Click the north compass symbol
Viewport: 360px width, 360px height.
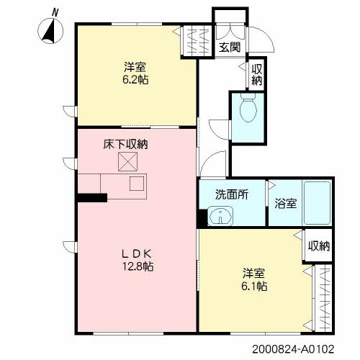tap(50, 32)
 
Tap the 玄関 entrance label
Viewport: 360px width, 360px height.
tap(230, 47)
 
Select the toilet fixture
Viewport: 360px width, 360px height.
tap(248, 107)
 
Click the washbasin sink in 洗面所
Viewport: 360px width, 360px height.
tap(220, 216)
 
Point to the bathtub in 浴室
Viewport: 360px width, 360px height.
tap(318, 203)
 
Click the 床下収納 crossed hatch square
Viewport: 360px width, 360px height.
tap(127, 162)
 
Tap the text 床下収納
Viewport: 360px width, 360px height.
tap(125, 145)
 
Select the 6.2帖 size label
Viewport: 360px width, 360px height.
tap(135, 80)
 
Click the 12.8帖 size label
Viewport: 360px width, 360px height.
tap(138, 266)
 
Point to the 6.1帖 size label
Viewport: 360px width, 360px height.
tap(254, 286)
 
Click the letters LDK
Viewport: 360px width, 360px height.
tap(136, 253)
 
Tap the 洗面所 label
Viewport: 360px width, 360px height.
tap(232, 194)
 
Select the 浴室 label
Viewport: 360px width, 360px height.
tap(286, 204)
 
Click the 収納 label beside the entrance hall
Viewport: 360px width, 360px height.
tap(256, 75)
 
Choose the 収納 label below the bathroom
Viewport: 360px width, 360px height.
tap(319, 246)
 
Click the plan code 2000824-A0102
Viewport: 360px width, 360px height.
tap(293, 348)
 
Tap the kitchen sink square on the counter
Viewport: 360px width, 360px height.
tap(137, 184)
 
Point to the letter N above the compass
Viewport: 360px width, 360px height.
tap(55, 12)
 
